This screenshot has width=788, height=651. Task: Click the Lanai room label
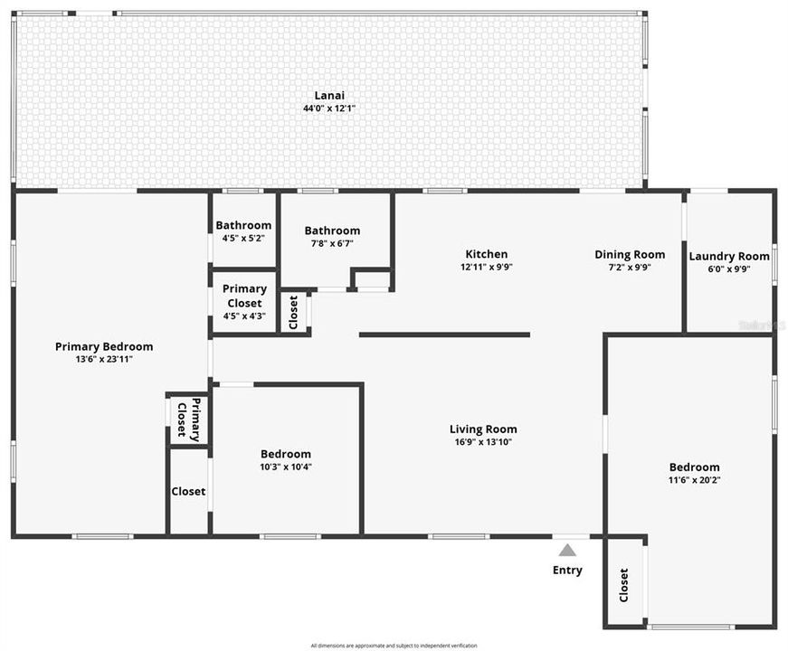(329, 95)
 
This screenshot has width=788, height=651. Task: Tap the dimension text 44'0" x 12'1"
(329, 108)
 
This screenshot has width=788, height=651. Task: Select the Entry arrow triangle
(567, 550)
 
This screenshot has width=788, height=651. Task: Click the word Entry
(567, 571)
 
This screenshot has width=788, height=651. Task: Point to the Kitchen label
(487, 254)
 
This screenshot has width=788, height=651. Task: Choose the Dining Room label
(630, 254)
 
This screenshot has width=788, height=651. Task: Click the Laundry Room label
(729, 256)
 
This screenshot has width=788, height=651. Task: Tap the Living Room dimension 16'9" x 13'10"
(483, 442)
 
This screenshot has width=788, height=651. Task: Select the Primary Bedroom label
(104, 346)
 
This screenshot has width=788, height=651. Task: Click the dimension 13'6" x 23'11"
(104, 359)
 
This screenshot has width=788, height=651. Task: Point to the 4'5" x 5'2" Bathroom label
(243, 225)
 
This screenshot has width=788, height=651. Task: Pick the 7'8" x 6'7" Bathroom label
(332, 231)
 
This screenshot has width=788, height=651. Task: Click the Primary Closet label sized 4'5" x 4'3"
(244, 296)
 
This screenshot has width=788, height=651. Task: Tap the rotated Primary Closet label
(188, 420)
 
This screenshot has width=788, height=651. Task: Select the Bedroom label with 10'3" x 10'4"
(286, 454)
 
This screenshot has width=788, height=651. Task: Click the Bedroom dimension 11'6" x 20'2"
(694, 480)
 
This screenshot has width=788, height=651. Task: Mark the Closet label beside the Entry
(624, 585)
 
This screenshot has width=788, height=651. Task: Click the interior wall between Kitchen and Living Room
(444, 335)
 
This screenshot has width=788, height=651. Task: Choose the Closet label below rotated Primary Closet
(188, 492)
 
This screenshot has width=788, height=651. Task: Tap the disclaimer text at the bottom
(394, 646)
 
